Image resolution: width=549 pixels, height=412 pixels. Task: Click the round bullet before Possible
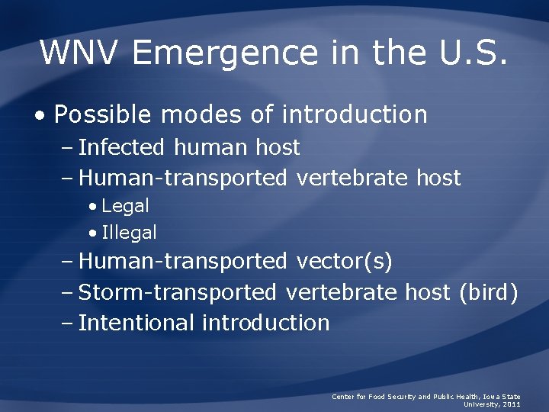pos(40,116)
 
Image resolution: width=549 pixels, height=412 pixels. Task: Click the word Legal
pos(125,206)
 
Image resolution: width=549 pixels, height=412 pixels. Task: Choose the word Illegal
pos(129,233)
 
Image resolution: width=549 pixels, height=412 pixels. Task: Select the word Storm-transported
pos(178,292)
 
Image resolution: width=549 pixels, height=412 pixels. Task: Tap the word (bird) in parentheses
pos(488,292)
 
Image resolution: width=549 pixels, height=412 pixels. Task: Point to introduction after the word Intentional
pos(266,323)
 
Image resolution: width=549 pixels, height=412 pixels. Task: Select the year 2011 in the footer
pos(512,404)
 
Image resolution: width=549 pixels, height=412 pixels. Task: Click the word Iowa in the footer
pos(486,397)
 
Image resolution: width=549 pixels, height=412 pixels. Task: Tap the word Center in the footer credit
pos(343,397)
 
